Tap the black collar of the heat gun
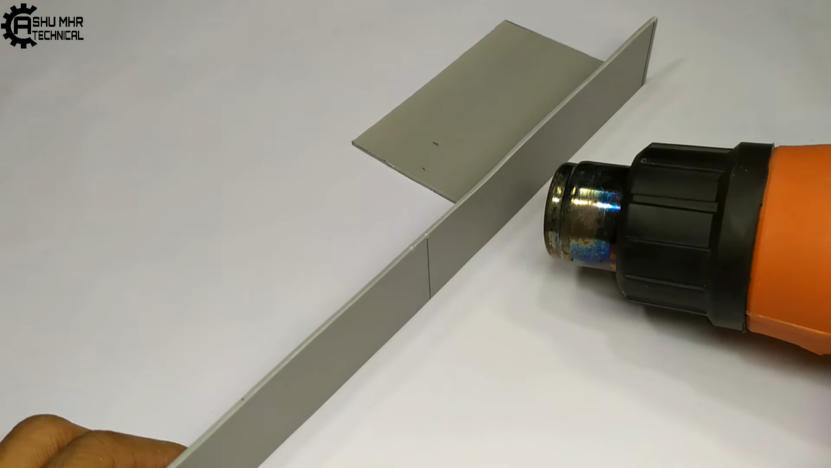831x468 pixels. (692, 234)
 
